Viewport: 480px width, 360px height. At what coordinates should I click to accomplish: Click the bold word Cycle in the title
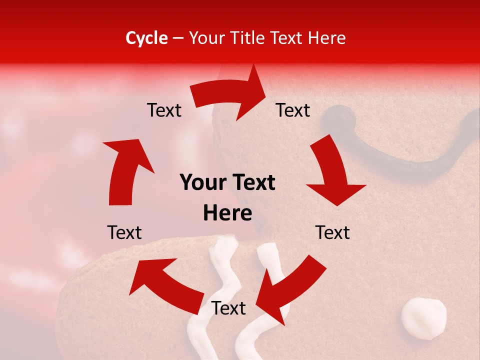pyautogui.click(x=146, y=38)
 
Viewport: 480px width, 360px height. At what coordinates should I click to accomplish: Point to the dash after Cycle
pyautogui.click(x=177, y=38)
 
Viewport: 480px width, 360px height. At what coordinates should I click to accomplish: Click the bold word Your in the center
pyautogui.click(x=204, y=183)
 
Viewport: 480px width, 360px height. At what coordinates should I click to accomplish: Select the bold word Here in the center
pyautogui.click(x=227, y=213)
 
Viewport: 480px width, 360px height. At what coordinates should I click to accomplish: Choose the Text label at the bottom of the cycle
pyautogui.click(x=228, y=308)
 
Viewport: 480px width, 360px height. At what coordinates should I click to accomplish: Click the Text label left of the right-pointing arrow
pyautogui.click(x=164, y=110)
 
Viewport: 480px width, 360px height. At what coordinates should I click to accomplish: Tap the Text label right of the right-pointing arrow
pyautogui.click(x=293, y=110)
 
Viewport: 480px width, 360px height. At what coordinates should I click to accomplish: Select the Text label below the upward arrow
pyautogui.click(x=124, y=232)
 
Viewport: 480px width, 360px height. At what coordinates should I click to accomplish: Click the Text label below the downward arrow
pyautogui.click(x=332, y=232)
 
